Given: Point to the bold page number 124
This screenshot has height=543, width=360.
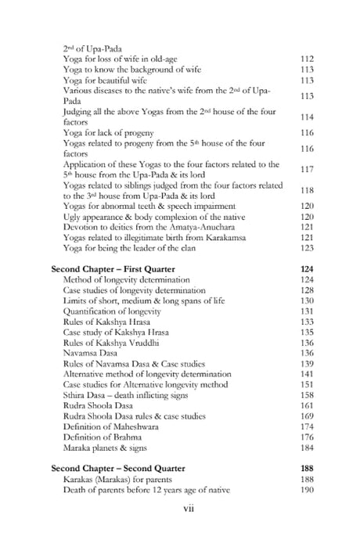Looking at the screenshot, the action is [x=306, y=268].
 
